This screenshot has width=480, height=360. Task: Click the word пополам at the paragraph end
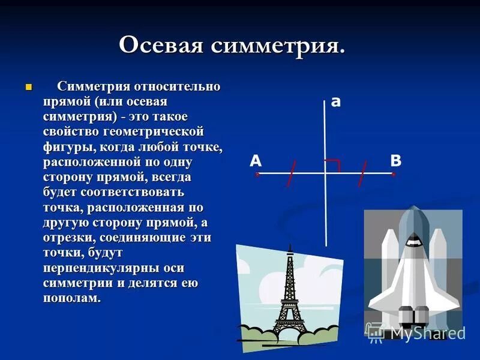pos(70,298)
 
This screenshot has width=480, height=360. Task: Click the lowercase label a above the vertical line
pos(336,102)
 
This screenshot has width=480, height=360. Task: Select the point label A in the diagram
pos(256,160)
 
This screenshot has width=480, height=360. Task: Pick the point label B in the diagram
pos(396,160)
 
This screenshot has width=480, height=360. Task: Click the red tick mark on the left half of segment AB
pos(291,173)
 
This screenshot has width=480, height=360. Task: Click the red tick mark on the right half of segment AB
pos(362,173)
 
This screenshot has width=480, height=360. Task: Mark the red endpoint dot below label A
pos(257,174)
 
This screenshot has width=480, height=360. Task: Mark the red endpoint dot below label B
pos(394,174)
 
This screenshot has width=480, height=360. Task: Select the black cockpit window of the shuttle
pos(413,241)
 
